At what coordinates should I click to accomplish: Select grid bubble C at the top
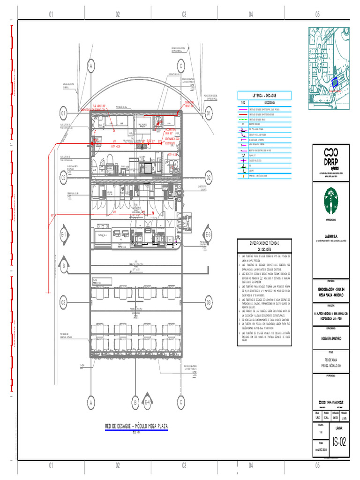(180, 67)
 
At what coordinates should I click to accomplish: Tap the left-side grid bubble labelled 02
(63, 177)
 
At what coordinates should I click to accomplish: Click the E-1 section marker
(64, 235)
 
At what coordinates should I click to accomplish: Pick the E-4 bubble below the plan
(147, 402)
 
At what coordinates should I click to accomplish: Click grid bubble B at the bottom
(135, 402)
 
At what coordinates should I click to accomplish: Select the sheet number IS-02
(339, 441)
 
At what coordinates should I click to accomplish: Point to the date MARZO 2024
(321, 449)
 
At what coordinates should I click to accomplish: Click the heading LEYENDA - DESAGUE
(264, 95)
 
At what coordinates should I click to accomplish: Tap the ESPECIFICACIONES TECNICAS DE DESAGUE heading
(264, 246)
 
